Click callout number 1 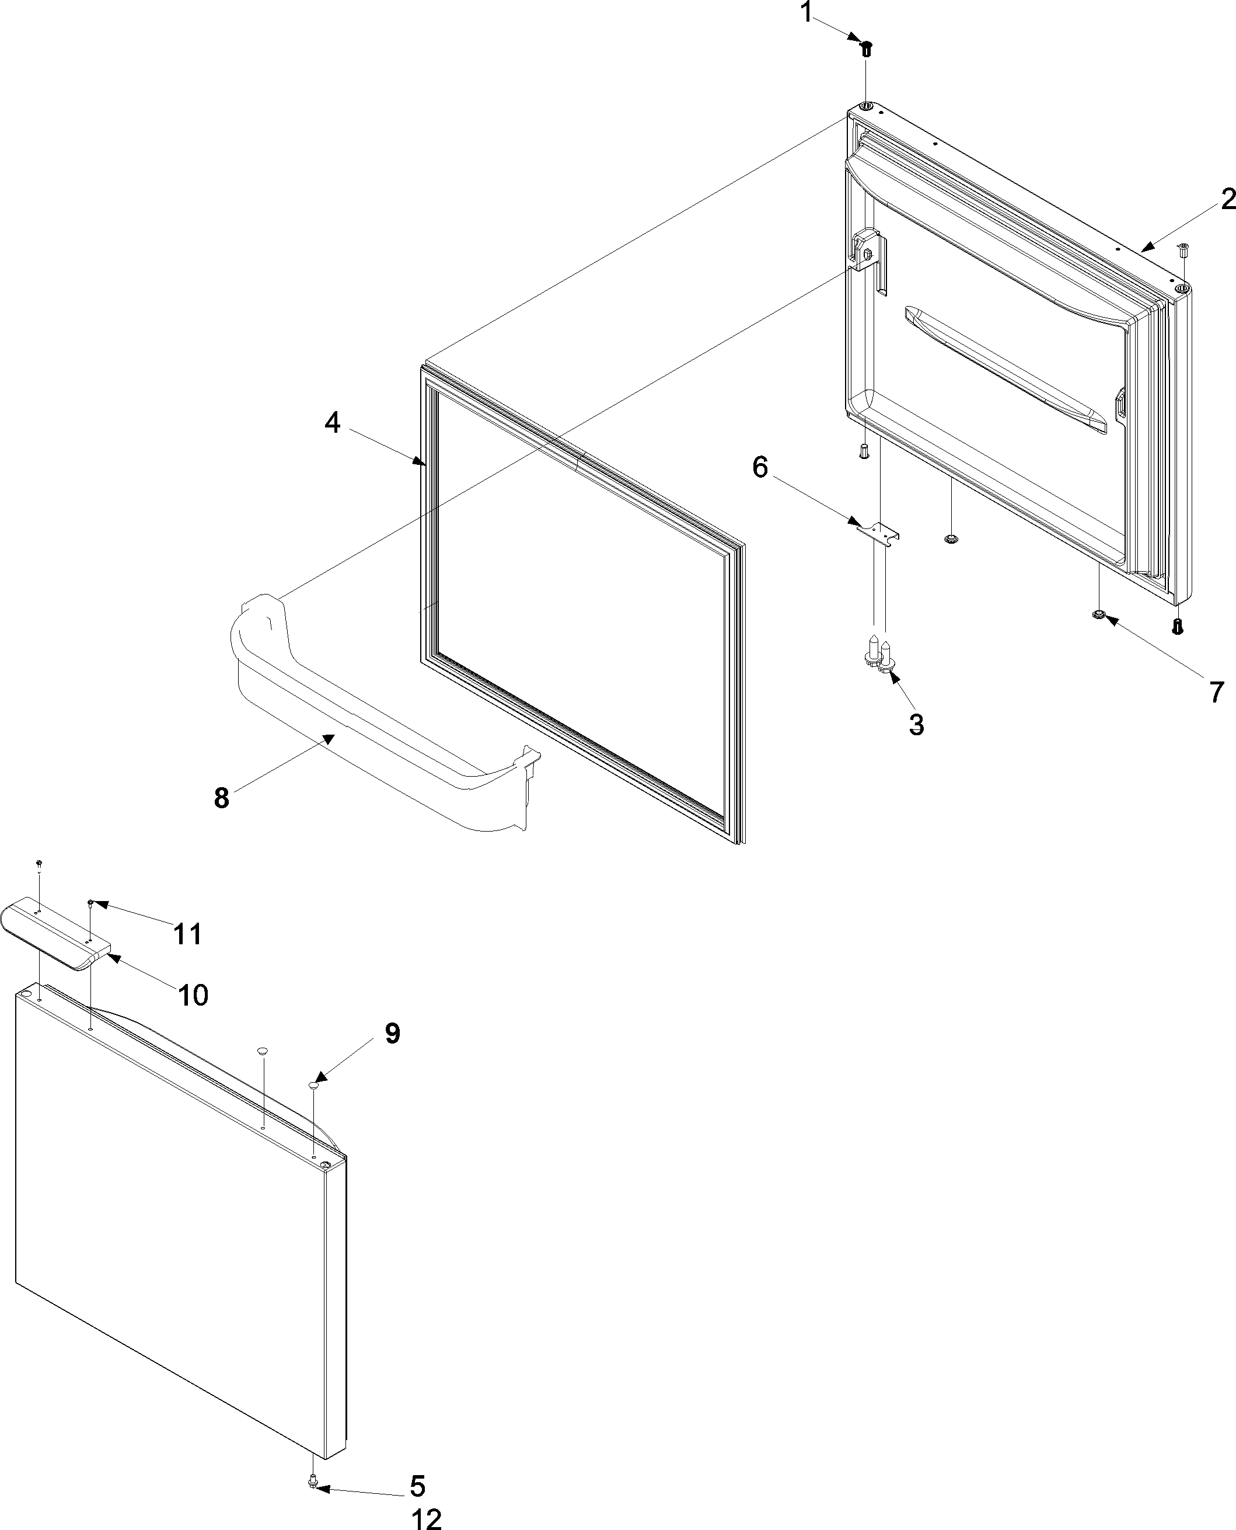point(806,13)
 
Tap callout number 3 point(916,724)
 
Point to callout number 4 point(333,423)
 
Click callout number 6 point(760,468)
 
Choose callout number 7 point(1217,691)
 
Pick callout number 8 point(221,798)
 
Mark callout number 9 point(392,1033)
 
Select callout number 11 point(188,933)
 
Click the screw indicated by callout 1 point(867,49)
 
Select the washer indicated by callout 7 point(1099,614)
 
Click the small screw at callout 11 point(91,903)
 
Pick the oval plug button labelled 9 point(314,1085)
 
